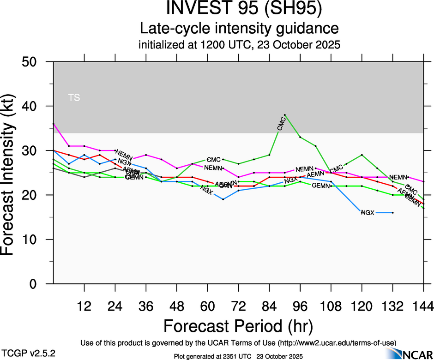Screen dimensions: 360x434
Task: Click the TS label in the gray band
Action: tap(74, 97)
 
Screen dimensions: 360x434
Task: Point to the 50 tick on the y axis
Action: tap(37, 62)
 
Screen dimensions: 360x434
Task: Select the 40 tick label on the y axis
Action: tap(37, 106)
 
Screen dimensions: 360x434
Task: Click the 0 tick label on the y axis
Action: tap(41, 284)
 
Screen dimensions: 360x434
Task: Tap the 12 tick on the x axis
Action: tap(84, 306)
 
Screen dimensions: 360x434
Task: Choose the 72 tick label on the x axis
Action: tap(238, 306)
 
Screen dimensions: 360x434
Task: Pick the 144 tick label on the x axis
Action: tap(423, 306)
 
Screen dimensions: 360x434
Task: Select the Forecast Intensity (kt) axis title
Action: tap(12, 173)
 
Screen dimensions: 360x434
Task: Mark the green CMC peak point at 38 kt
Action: tap(285, 115)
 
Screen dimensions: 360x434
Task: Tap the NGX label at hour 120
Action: tap(368, 213)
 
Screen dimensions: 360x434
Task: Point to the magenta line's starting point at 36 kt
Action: tap(54, 124)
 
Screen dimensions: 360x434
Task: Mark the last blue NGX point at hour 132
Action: tap(392, 213)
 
